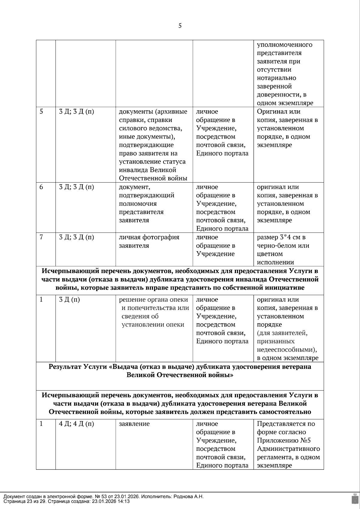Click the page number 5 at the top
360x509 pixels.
180,26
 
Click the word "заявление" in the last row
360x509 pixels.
134,424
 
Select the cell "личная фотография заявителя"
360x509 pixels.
149,241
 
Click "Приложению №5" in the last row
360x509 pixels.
283,441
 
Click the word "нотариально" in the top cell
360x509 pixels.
276,78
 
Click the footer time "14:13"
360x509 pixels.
124,501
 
